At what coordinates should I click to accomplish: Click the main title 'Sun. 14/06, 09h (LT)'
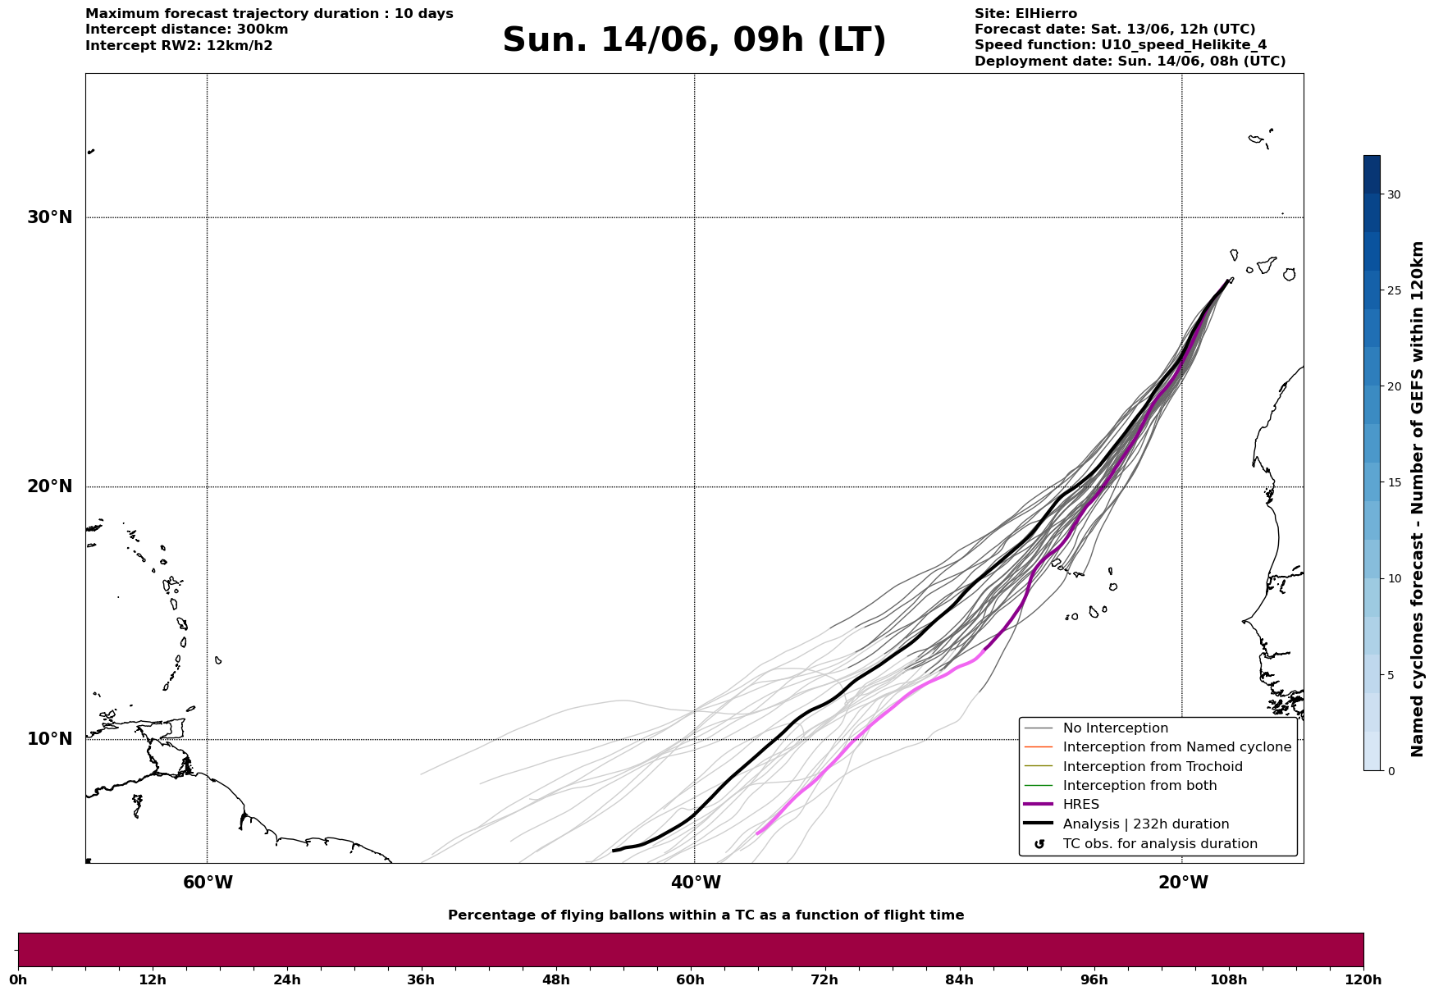click(x=694, y=40)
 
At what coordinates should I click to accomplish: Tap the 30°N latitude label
click(x=50, y=217)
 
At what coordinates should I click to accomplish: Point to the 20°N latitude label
click(x=50, y=486)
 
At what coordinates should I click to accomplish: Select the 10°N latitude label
click(x=50, y=739)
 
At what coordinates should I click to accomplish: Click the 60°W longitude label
click(x=208, y=883)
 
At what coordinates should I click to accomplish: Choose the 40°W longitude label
click(x=696, y=883)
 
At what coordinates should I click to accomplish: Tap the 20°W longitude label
click(x=1183, y=883)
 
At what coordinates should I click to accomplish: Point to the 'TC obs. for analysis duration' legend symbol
click(x=1039, y=844)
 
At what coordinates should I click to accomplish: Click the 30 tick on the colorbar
click(x=1394, y=194)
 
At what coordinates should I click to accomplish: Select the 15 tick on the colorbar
click(x=1394, y=482)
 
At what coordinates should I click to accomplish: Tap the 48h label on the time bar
click(x=555, y=979)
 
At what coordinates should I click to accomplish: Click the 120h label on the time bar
click(x=1363, y=979)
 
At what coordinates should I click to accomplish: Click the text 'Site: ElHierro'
click(x=1025, y=14)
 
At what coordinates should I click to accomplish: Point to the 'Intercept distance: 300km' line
click(x=187, y=30)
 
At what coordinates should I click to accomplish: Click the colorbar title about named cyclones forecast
click(x=1418, y=499)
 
